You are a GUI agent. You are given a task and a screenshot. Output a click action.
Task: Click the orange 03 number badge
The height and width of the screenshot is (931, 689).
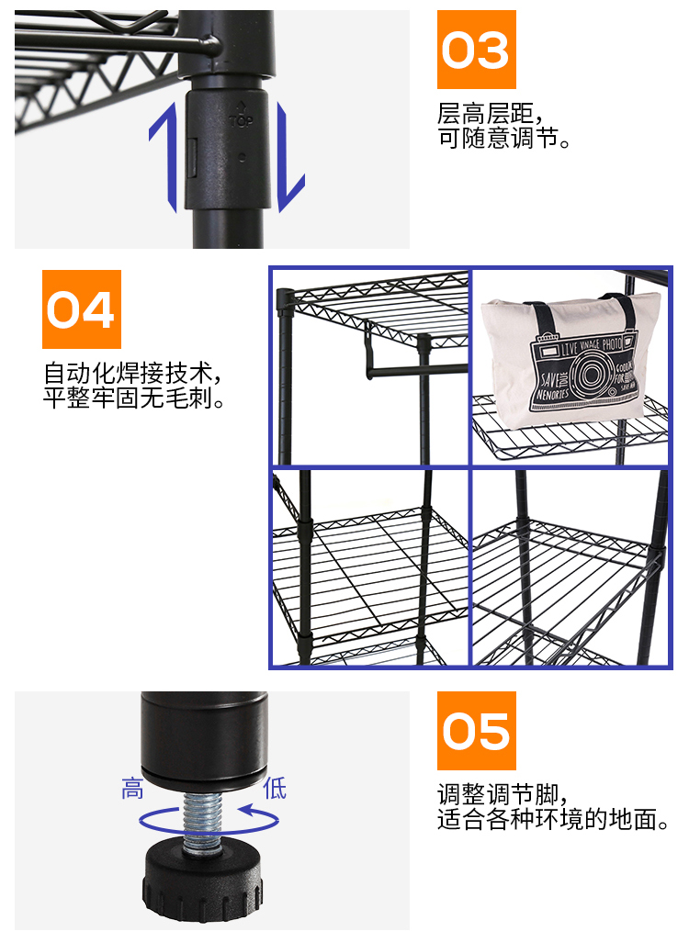476,50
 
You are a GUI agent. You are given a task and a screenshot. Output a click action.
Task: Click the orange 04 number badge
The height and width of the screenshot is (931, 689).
82,309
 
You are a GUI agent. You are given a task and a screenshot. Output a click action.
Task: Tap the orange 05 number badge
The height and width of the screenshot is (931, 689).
476,731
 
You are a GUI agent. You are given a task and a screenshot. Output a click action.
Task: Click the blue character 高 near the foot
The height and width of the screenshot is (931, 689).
132,788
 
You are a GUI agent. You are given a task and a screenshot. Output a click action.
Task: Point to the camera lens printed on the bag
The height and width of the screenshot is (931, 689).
585,372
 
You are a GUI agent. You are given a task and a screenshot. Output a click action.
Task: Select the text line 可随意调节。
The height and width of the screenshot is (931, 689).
504,140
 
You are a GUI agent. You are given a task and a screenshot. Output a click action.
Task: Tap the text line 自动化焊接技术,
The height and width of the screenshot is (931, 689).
132,374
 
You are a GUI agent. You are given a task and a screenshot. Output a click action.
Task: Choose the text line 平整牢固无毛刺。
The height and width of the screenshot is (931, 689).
134,399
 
